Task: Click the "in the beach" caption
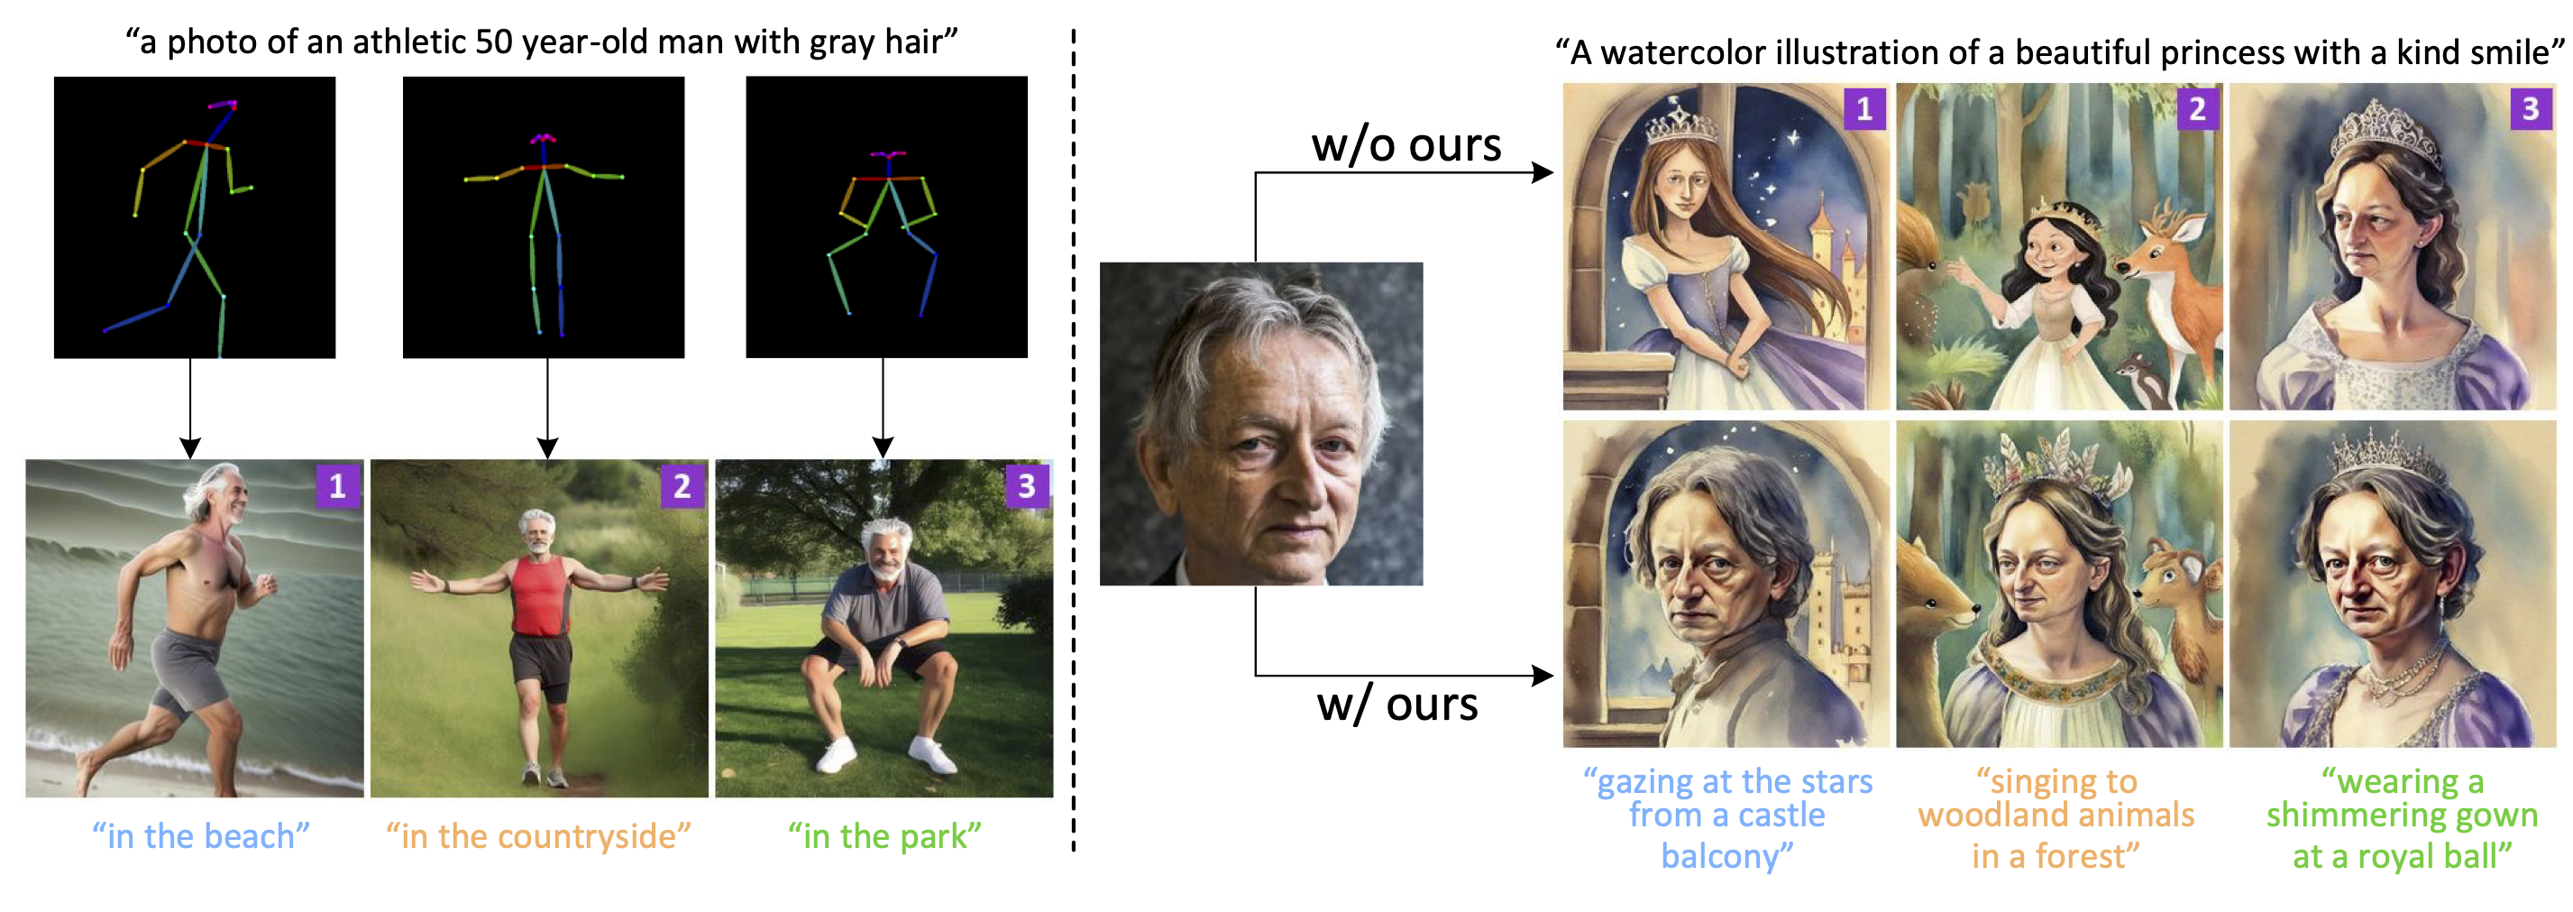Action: (x=201, y=835)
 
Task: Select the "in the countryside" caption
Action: (x=538, y=835)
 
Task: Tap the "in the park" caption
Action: (x=884, y=835)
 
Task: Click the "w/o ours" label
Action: (x=1406, y=145)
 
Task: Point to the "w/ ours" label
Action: (x=1396, y=705)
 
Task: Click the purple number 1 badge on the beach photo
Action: (x=337, y=486)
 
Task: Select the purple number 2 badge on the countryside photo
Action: (x=682, y=486)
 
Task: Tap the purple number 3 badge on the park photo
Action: (x=1027, y=486)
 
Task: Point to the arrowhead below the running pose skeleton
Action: (x=190, y=447)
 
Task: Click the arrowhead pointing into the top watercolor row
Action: (x=1543, y=173)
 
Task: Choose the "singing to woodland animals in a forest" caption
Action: (x=2056, y=818)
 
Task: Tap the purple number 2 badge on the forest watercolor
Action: (x=2197, y=109)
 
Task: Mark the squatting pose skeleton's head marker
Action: (x=887, y=155)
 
